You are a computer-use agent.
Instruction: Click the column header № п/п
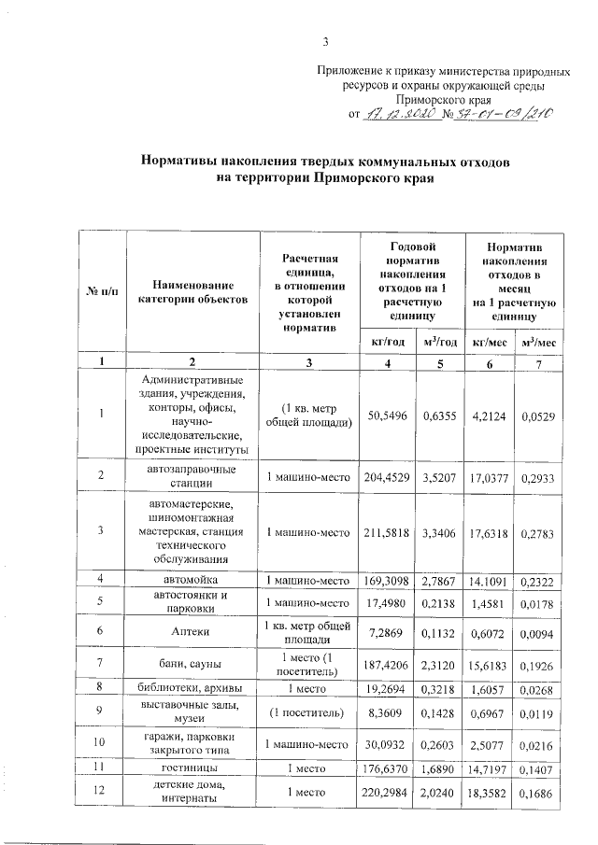[102, 291]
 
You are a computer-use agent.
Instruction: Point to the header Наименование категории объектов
[192, 291]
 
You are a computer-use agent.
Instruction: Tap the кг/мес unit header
[491, 343]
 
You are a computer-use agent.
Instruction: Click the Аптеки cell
[192, 632]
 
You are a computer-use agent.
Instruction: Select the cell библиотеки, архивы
[192, 689]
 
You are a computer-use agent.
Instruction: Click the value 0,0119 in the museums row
[539, 712]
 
